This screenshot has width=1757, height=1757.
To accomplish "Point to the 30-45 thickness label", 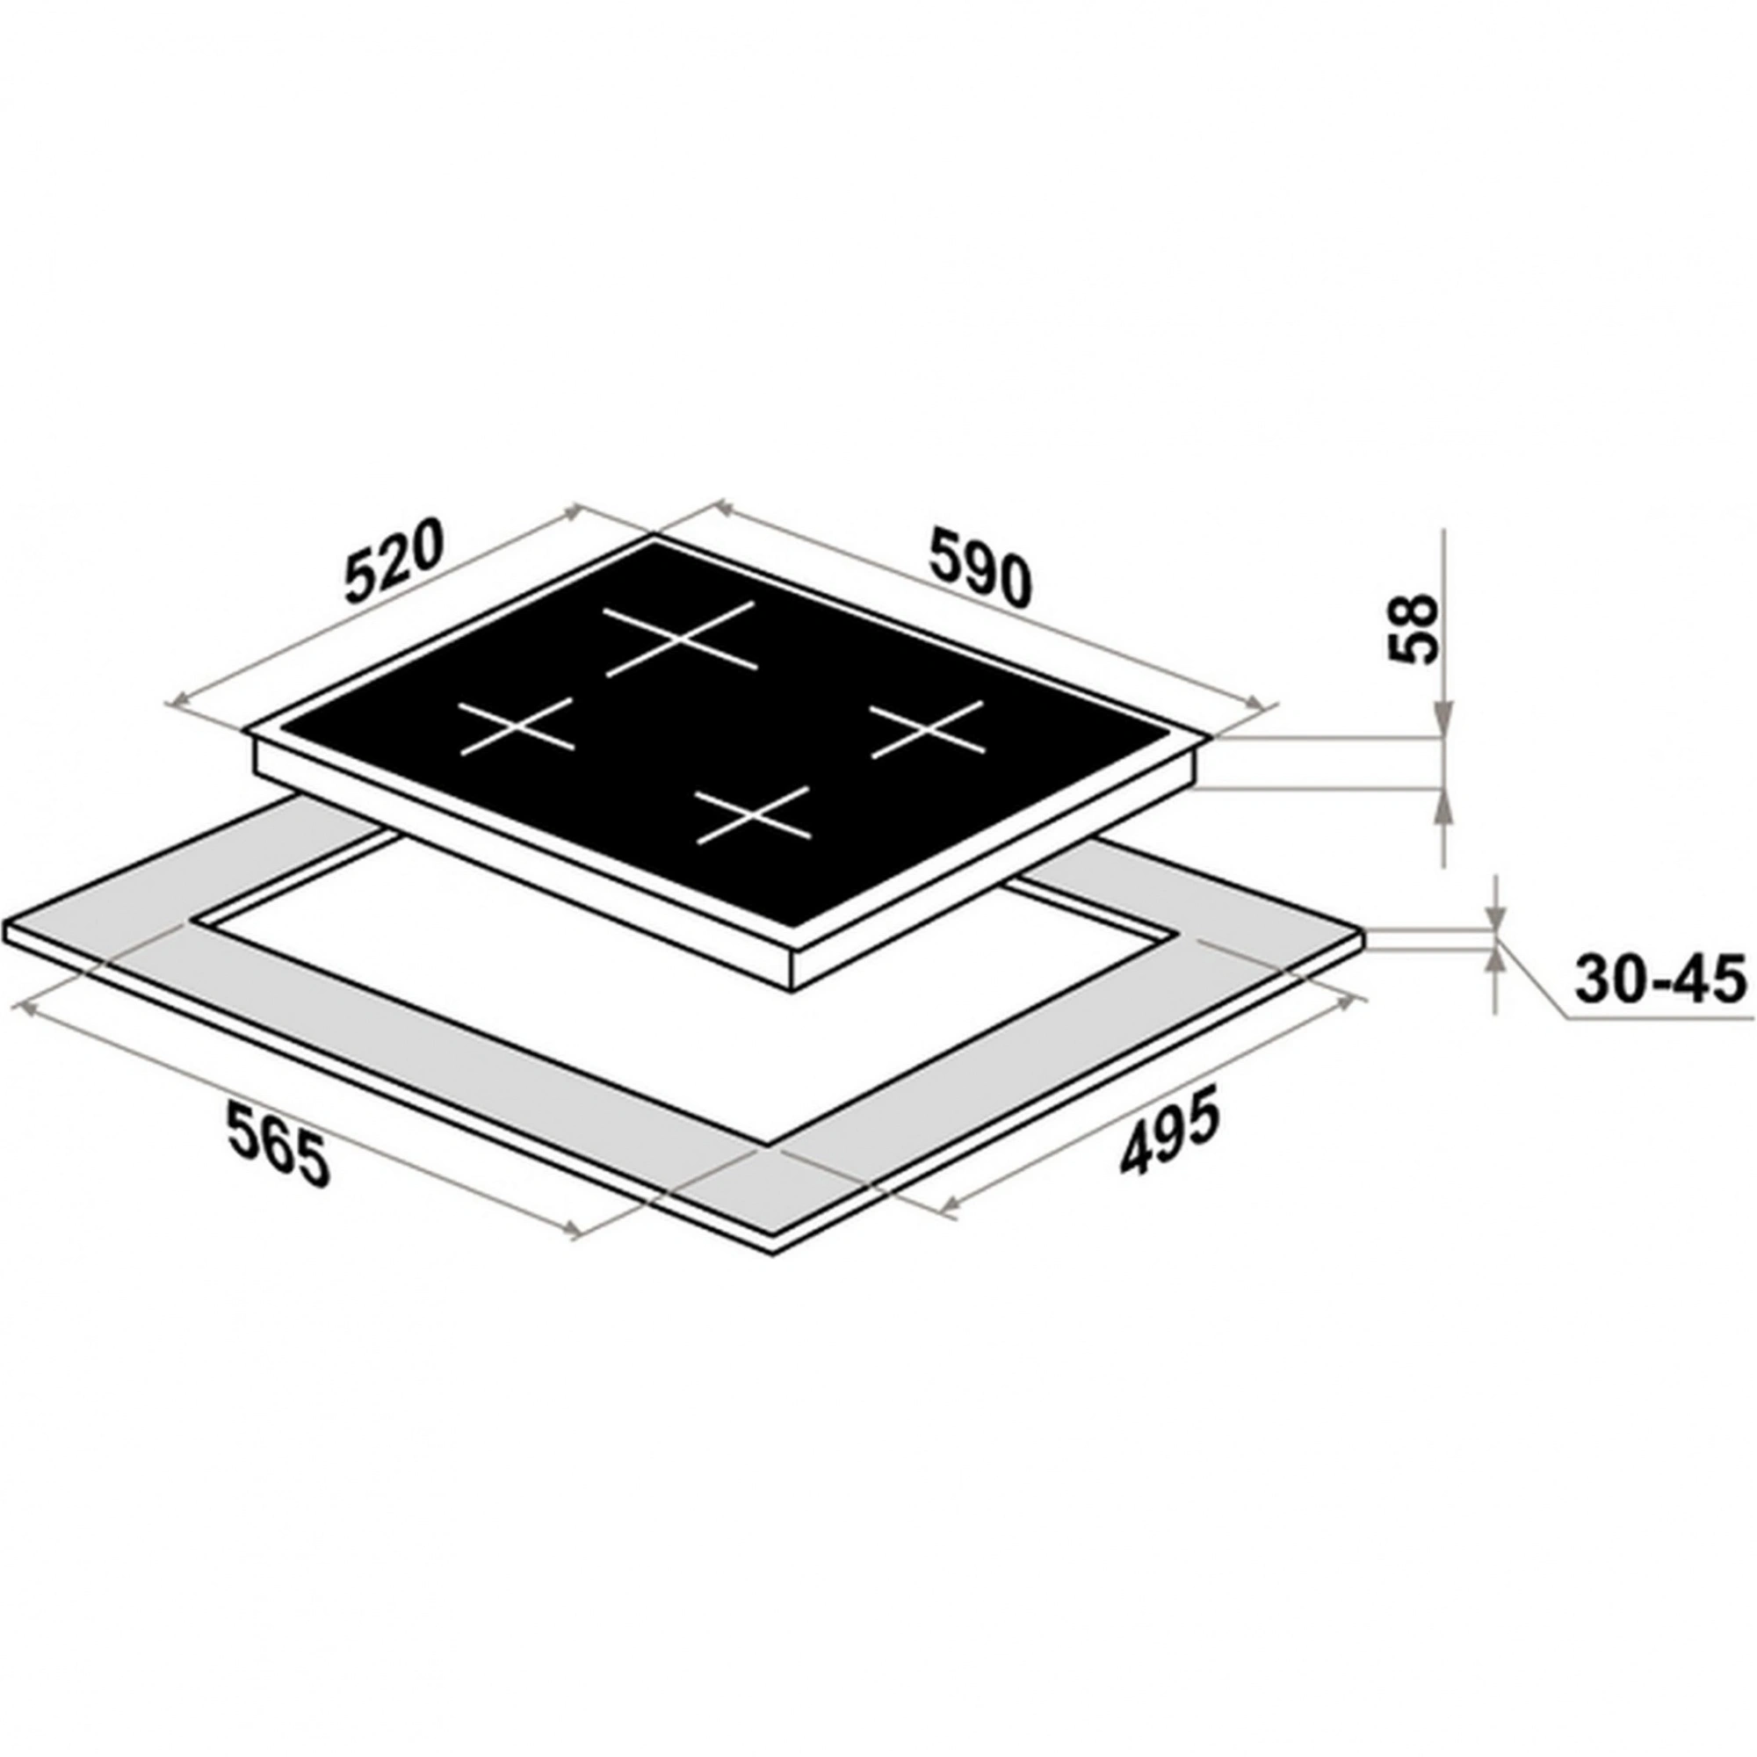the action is pos(1659,980).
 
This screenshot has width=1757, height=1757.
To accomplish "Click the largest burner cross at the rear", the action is pos(679,640).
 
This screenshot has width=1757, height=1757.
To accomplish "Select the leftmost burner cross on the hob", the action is pos(516,727).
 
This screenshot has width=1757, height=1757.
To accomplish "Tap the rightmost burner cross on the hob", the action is pos(928,728).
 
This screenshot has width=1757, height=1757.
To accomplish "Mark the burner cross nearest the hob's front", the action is pos(752,814).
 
